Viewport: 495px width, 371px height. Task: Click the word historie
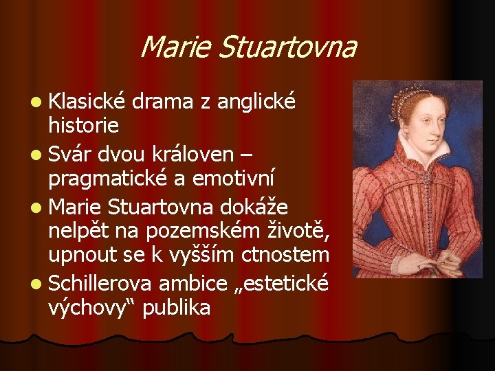(x=84, y=125)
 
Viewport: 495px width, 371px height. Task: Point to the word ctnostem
(x=285, y=256)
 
